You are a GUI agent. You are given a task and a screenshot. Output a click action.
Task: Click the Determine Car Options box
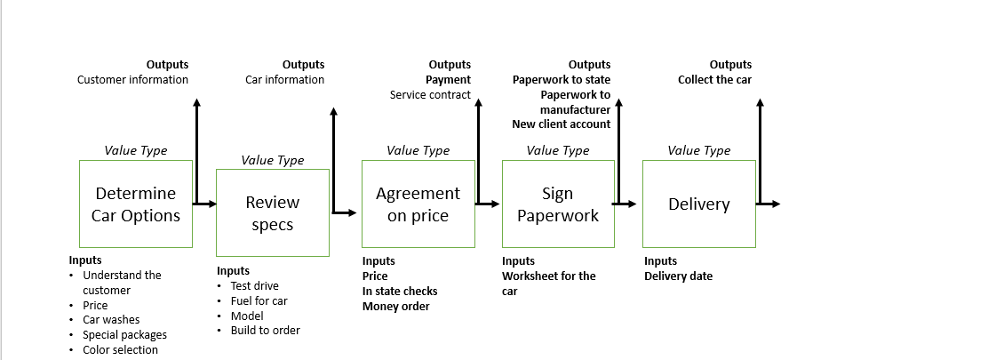tap(136, 204)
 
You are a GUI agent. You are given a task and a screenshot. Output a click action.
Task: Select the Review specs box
tap(272, 213)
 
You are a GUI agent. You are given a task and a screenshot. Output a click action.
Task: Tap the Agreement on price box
tap(418, 204)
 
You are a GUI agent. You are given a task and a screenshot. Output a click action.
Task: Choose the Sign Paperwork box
tap(558, 204)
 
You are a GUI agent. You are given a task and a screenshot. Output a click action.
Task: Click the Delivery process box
tap(698, 204)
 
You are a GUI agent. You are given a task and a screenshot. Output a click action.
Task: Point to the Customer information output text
tap(132, 79)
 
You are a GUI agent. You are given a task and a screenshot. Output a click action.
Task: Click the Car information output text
tap(284, 79)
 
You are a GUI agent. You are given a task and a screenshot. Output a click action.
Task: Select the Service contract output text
tap(430, 94)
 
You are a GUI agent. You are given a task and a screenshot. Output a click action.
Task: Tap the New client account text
tap(561, 124)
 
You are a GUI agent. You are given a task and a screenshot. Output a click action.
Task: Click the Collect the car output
tap(714, 79)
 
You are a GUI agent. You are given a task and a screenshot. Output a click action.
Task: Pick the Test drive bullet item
tap(254, 285)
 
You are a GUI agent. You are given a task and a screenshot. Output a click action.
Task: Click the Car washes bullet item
tap(111, 319)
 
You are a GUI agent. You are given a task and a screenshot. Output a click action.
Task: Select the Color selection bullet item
tap(120, 349)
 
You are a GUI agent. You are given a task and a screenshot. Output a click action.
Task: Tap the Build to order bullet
tap(265, 330)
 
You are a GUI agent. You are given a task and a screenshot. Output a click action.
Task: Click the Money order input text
tap(395, 306)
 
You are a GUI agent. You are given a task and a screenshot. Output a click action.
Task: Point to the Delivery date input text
tap(678, 276)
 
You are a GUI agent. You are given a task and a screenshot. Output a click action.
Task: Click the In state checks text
tap(400, 291)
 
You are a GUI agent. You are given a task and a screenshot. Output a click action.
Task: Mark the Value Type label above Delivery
tap(698, 150)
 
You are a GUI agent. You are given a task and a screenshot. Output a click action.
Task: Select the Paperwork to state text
tap(561, 79)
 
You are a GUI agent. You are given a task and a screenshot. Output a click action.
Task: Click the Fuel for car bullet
tap(259, 300)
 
